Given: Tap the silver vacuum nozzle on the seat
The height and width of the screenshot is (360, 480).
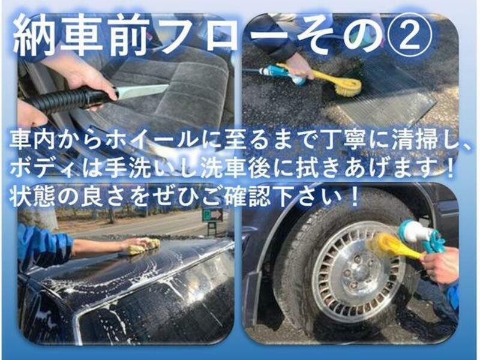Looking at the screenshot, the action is coord(142,91).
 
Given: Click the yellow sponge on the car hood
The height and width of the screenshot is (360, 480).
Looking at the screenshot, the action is coord(145,246).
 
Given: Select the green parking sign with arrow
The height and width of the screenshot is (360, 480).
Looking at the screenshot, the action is coord(212,215).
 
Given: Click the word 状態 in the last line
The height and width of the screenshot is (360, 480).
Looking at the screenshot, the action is coord(33,197).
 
